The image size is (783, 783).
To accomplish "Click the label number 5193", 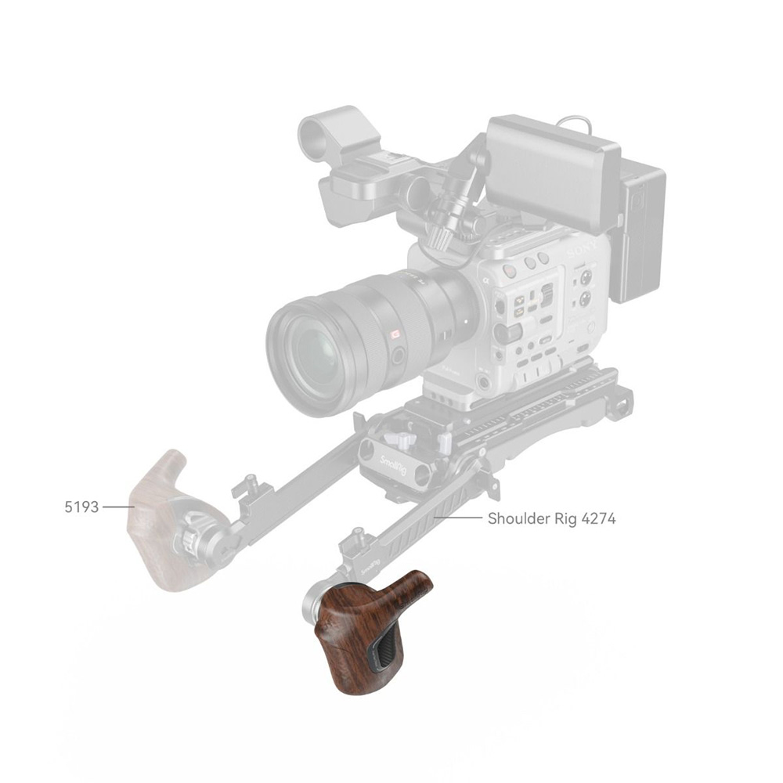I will [x=81, y=507].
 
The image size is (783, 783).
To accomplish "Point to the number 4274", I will [x=597, y=518].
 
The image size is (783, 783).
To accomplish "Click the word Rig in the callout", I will [x=565, y=518].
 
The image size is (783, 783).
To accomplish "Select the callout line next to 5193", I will [x=117, y=507].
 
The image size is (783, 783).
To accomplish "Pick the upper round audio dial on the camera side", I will [x=584, y=278].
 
